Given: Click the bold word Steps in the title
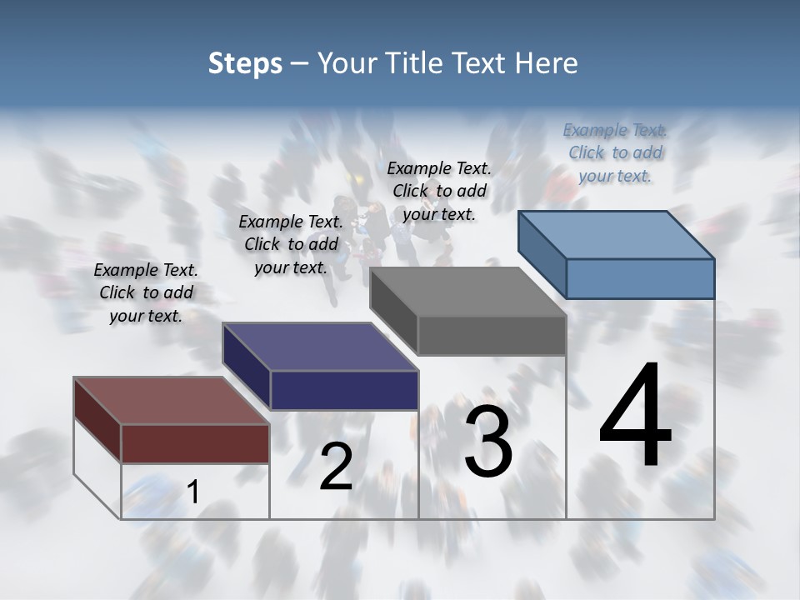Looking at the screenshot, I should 244,63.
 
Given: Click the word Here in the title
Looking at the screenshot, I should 547,63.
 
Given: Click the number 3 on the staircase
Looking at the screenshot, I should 487,441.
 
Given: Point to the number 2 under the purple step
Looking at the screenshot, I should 336,467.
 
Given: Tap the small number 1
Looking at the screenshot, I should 192,492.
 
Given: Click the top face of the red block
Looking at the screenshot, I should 171,401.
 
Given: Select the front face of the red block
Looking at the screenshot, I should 195,443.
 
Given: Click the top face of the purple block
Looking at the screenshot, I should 319,347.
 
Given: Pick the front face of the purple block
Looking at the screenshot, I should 344,390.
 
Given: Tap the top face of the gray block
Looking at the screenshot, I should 467,292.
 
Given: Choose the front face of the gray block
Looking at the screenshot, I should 492,336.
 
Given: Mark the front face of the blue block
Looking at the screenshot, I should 640,278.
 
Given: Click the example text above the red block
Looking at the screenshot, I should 146,292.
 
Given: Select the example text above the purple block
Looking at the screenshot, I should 291,244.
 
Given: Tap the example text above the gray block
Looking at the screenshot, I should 439,191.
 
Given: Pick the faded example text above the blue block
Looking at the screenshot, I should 615,152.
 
